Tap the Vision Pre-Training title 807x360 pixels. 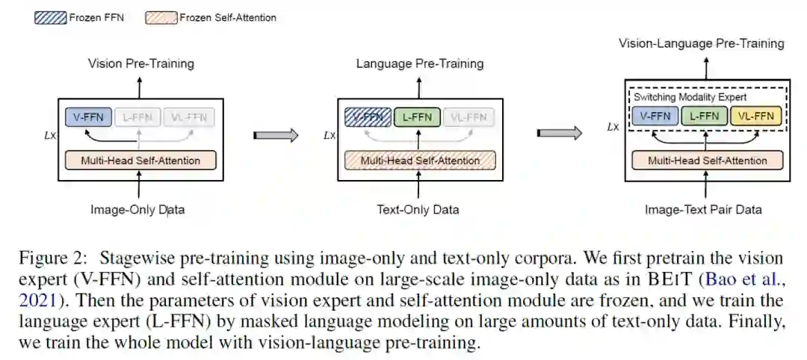[140, 63]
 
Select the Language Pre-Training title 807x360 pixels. [419, 63]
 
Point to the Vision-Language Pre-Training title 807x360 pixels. [701, 43]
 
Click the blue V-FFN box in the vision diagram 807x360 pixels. [89, 117]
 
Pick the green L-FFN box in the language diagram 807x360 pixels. [416, 117]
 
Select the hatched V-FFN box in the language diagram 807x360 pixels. [368, 117]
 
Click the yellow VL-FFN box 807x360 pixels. [756, 116]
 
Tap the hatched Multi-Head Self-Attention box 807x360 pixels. [420, 161]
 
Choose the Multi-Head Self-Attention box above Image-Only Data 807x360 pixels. [140, 161]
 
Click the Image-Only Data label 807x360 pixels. [137, 210]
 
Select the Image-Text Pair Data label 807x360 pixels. [703, 210]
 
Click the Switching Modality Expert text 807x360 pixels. [690, 97]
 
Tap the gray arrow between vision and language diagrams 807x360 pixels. [276, 135]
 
